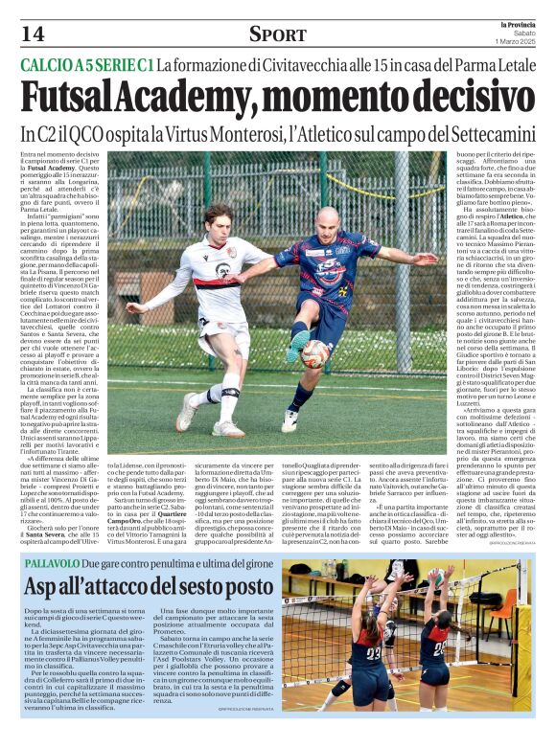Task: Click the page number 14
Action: point(31,34)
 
